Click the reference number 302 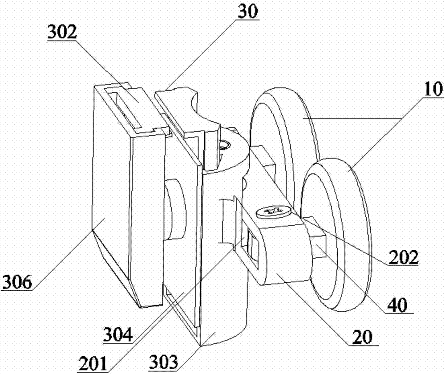[x=62, y=33]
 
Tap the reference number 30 [x=248, y=12]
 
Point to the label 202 [x=404, y=257]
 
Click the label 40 [x=397, y=305]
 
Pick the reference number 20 [x=362, y=337]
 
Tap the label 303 [x=164, y=362]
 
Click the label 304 [x=118, y=334]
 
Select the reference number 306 [x=17, y=282]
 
